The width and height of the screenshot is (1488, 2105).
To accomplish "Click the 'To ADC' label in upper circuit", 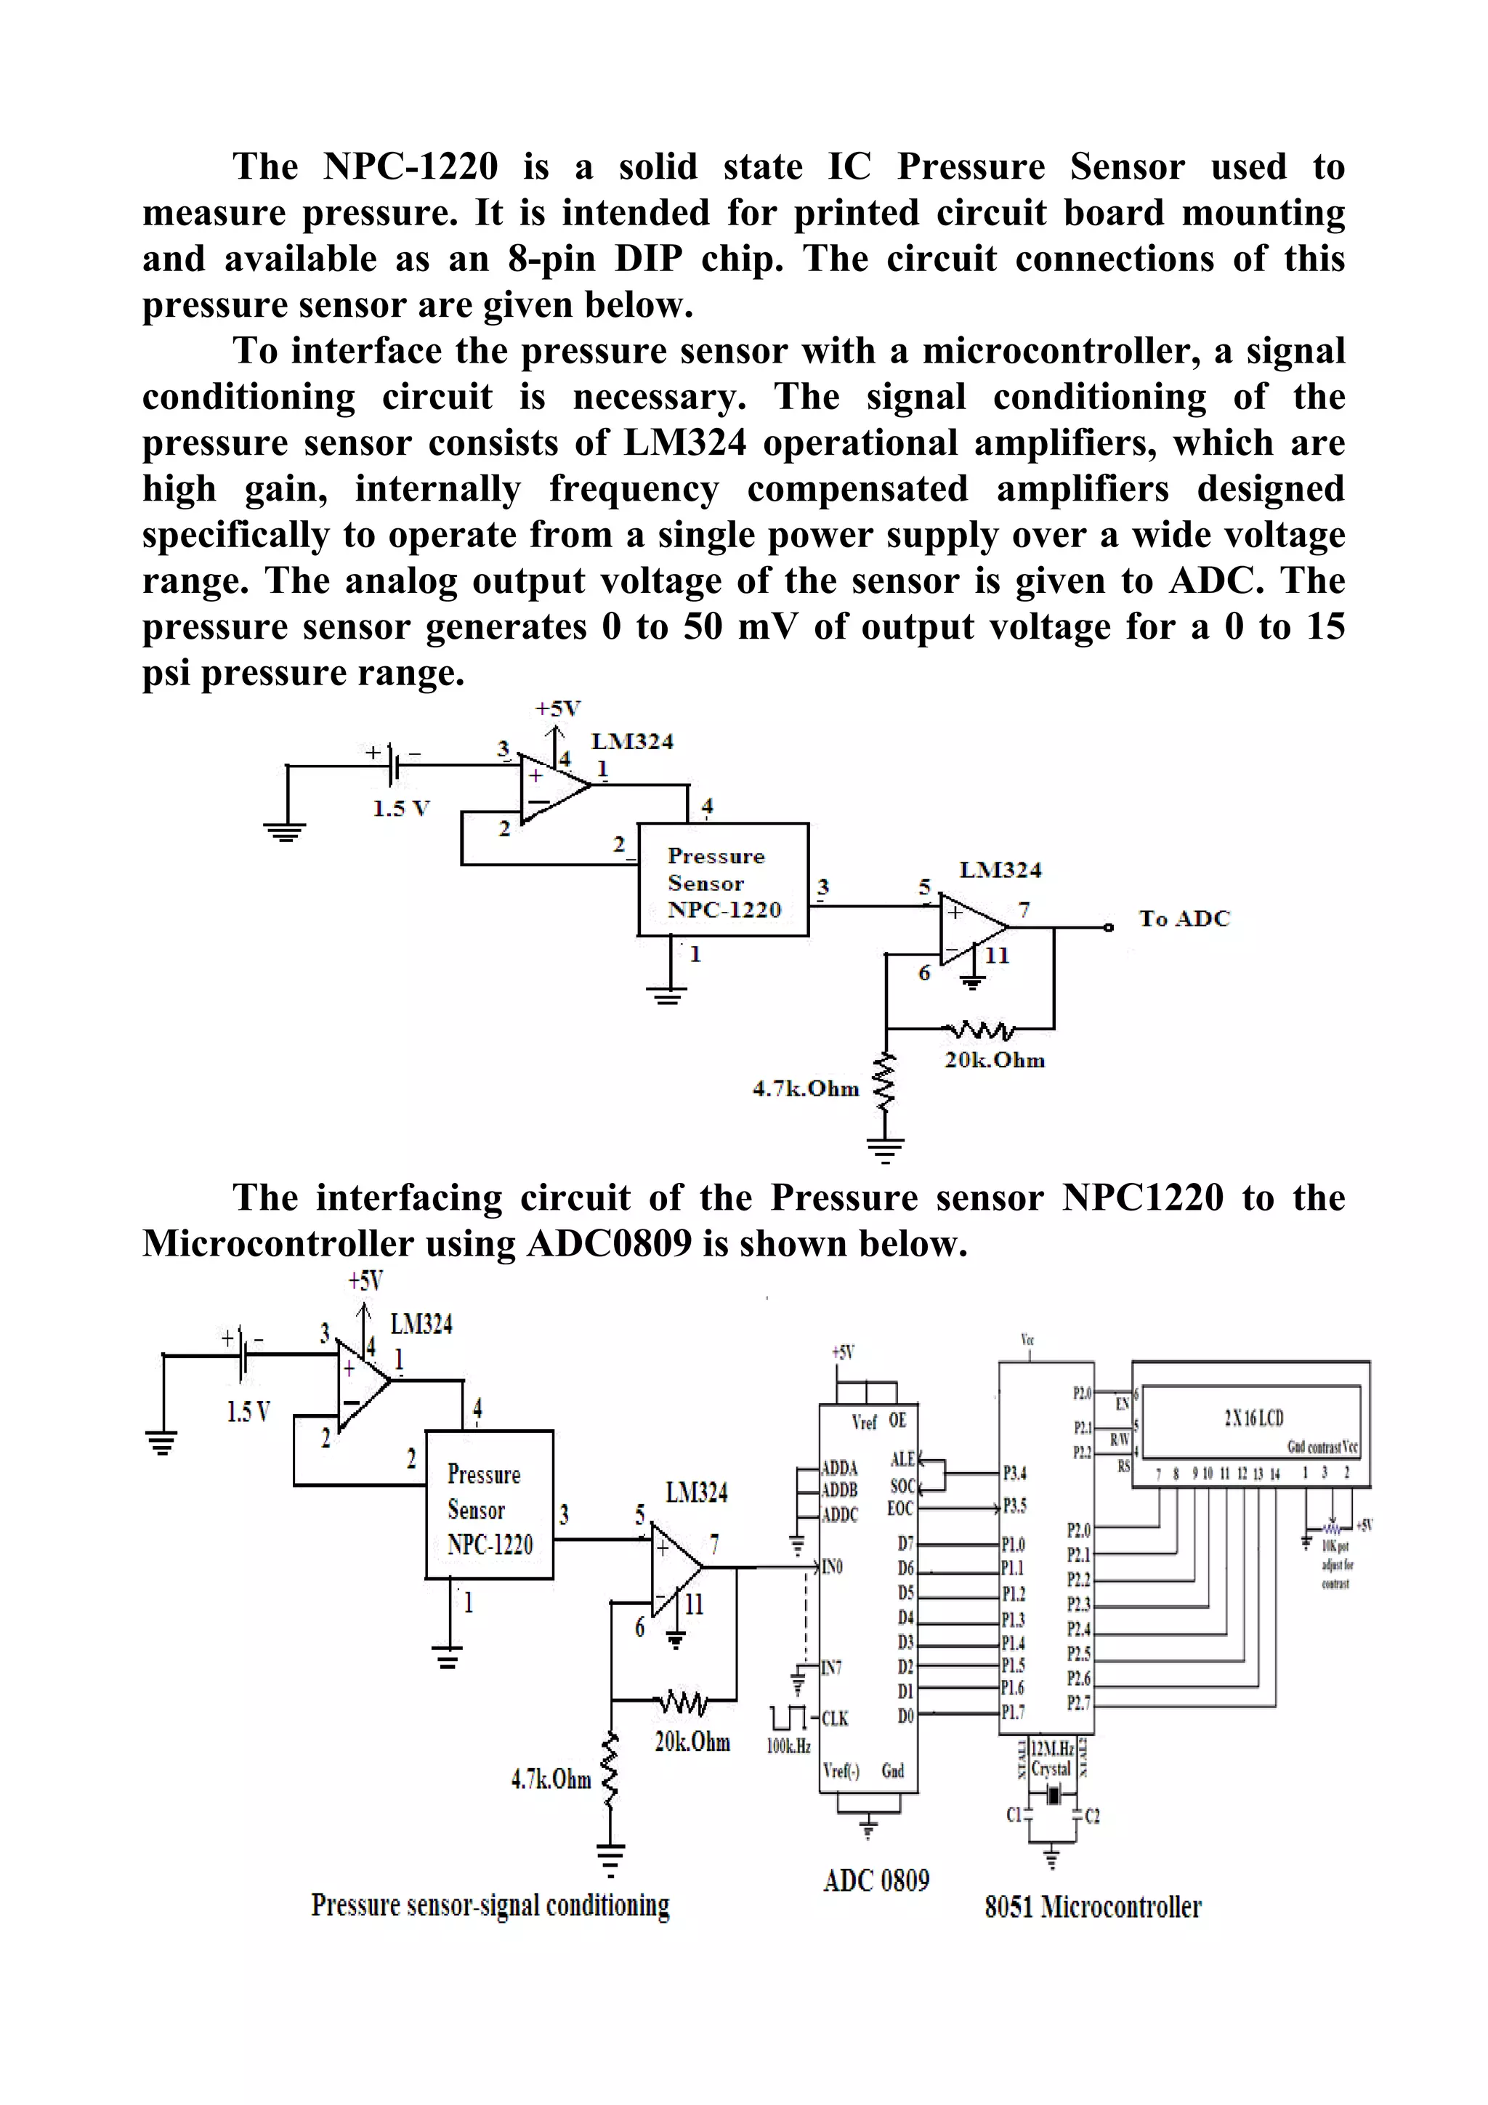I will pyautogui.click(x=1184, y=918).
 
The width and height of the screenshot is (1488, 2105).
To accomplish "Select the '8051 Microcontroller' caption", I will pyautogui.click(x=1092, y=1907).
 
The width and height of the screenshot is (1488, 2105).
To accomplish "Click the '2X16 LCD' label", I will pyautogui.click(x=1253, y=1418).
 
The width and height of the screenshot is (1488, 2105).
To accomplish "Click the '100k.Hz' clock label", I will pyautogui.click(x=788, y=1745).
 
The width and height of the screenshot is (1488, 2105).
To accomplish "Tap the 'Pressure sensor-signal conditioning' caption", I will pyautogui.click(x=490, y=1904).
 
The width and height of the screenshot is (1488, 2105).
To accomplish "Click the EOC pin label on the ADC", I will pyautogui.click(x=900, y=1508).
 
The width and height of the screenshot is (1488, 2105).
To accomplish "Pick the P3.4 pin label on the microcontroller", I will pyautogui.click(x=1015, y=1474).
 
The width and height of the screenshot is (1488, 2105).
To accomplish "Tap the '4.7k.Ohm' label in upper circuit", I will pyautogui.click(x=805, y=1088).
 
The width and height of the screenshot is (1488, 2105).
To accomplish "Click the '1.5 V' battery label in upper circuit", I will pyautogui.click(x=400, y=809).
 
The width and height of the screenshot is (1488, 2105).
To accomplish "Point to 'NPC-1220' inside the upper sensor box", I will pyautogui.click(x=724, y=910).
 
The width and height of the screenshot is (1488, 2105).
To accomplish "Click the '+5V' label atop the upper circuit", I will pyautogui.click(x=558, y=708).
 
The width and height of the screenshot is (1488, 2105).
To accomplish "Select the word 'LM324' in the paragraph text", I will pyautogui.click(x=684, y=443).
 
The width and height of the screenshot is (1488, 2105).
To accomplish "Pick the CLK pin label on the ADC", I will pyautogui.click(x=834, y=1718).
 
